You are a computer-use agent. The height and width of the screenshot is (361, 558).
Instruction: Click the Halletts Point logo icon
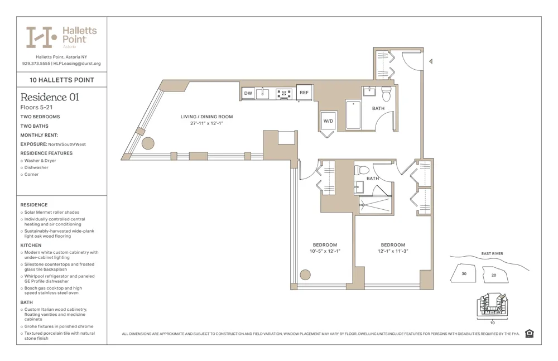(42, 37)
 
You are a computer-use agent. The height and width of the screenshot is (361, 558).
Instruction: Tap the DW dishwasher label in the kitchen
(248, 93)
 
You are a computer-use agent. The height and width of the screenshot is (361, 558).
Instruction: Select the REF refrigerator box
(304, 93)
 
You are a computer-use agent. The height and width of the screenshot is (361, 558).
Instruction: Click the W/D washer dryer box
(328, 121)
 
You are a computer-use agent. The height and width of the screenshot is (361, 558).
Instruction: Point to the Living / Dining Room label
(206, 117)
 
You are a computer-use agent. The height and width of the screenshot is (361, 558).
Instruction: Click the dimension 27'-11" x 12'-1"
(206, 123)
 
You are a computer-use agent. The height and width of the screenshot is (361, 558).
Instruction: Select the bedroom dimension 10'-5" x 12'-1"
(324, 251)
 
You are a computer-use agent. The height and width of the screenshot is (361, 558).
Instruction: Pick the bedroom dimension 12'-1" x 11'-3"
(393, 251)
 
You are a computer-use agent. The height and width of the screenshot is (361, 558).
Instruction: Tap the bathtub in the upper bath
(353, 114)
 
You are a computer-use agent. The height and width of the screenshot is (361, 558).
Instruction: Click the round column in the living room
(148, 143)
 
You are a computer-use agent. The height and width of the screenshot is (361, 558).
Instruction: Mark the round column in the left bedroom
(305, 275)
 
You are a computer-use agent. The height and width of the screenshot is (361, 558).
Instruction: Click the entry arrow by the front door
(430, 61)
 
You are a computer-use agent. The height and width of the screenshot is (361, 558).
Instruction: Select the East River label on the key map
(492, 254)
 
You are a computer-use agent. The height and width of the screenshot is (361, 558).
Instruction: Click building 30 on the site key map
(464, 274)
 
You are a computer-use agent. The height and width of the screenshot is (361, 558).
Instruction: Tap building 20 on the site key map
(493, 275)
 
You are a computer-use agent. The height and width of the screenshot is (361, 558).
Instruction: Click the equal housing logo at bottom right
(529, 334)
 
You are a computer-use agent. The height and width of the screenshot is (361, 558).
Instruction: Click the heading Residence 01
(50, 97)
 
